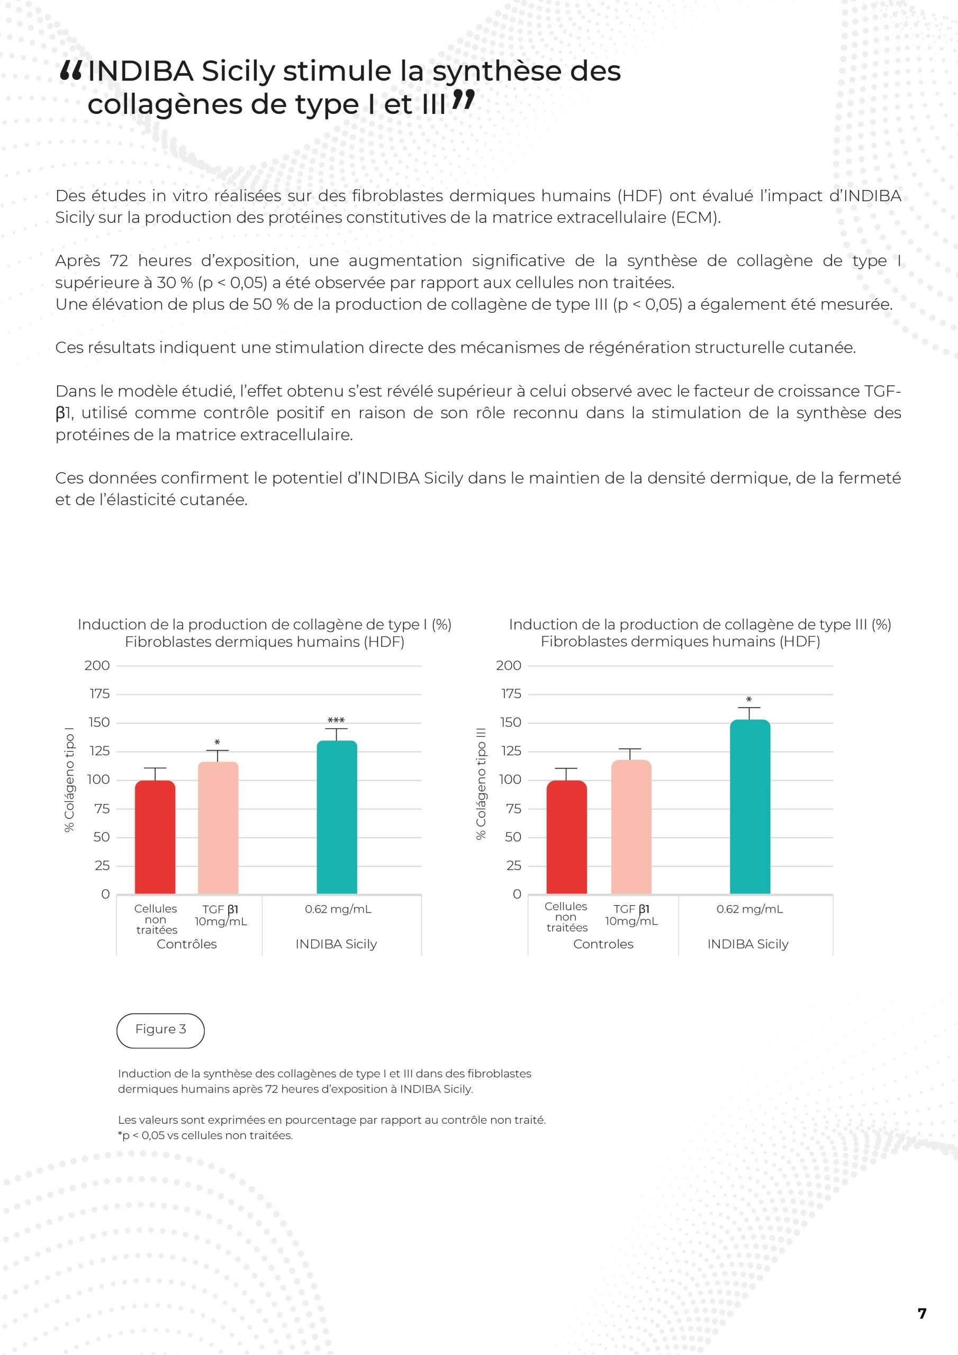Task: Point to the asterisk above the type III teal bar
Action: (x=748, y=700)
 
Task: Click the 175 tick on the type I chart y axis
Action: (x=99, y=694)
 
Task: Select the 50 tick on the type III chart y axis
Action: (x=512, y=837)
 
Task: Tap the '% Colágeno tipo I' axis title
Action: (x=70, y=780)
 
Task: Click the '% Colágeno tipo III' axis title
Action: (x=481, y=783)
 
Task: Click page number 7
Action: (x=922, y=1313)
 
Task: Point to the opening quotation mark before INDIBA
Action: (x=71, y=72)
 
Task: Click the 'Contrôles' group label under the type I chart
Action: (x=186, y=944)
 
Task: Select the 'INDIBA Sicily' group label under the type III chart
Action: (x=748, y=944)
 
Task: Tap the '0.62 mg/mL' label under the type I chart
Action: (x=338, y=909)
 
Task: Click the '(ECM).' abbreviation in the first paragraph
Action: (x=696, y=218)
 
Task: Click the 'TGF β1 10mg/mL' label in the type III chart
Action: (x=631, y=915)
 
